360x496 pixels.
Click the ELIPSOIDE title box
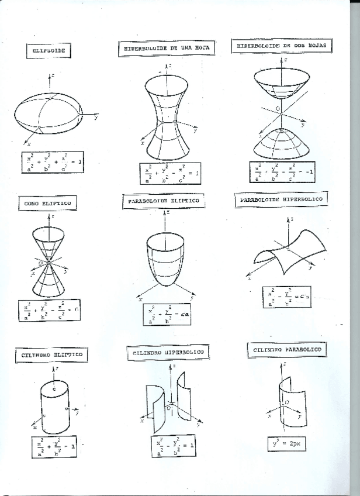click(x=49, y=51)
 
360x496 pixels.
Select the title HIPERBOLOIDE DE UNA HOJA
click(x=166, y=49)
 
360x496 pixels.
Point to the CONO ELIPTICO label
click(x=48, y=203)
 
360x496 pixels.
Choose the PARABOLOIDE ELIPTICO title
click(x=163, y=201)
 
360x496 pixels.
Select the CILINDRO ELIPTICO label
click(x=51, y=354)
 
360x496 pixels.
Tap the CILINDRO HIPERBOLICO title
click(x=165, y=353)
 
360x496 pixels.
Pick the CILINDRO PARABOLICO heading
click(x=287, y=350)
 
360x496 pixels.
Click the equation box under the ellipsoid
click(x=51, y=161)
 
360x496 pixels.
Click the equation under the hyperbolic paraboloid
click(x=286, y=297)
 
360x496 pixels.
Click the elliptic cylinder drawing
click(x=55, y=406)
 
